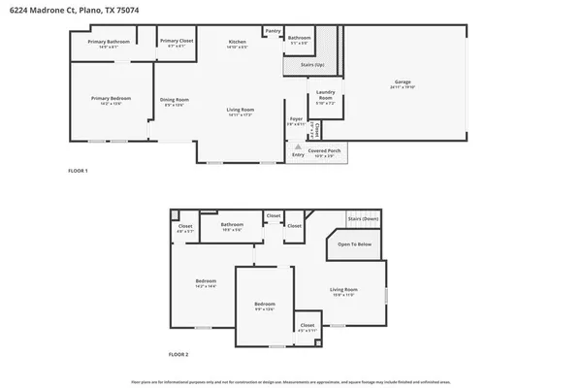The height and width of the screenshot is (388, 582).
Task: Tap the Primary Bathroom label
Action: (109, 42)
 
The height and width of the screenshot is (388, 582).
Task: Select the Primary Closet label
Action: (176, 42)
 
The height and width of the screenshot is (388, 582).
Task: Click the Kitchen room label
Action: (237, 42)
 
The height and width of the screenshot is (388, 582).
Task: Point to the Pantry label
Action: (273, 31)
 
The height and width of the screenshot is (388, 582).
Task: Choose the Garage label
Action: (403, 81)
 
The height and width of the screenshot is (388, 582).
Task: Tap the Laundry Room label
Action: (325, 96)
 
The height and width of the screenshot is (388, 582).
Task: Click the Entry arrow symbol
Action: (298, 147)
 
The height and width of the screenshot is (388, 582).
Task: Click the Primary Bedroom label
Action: (111, 98)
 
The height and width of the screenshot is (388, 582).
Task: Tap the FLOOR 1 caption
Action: (78, 171)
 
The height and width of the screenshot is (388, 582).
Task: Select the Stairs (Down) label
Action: (365, 219)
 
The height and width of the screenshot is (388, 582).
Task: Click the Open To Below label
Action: (354, 243)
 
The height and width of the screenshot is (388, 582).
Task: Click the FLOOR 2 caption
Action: (178, 355)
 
